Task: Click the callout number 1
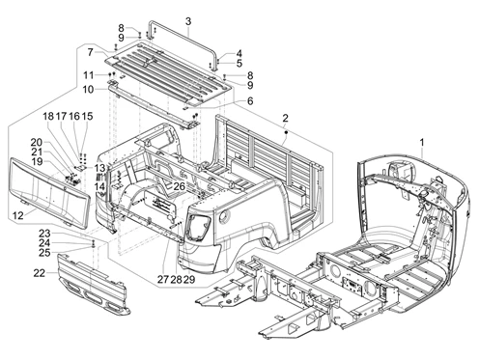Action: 422,142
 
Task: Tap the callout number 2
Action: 285,119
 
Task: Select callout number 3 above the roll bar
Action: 188,21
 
